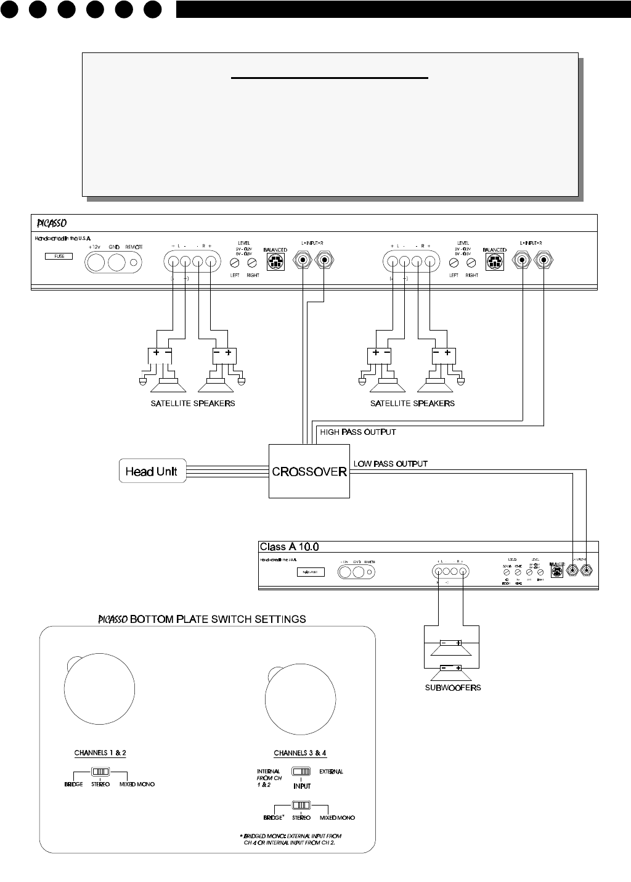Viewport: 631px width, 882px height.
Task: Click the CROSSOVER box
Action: coord(309,472)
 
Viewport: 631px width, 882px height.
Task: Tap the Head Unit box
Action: coord(152,472)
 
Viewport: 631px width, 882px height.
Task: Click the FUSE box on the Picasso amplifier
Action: coord(59,256)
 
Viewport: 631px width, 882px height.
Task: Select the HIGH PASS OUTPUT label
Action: coord(357,432)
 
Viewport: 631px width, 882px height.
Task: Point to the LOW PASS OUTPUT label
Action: coord(390,463)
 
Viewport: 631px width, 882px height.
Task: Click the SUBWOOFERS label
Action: coord(452,688)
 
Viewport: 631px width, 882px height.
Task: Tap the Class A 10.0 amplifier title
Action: coord(289,546)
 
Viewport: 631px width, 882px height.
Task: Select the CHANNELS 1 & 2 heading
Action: coord(100,752)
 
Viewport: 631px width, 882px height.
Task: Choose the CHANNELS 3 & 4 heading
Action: coord(300,753)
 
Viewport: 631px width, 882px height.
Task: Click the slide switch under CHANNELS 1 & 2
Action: coord(100,772)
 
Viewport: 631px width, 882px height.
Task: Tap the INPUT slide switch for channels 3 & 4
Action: coord(301,772)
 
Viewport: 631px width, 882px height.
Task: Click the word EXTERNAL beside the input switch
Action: coord(331,772)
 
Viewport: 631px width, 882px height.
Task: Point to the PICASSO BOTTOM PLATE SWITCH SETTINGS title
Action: coord(203,619)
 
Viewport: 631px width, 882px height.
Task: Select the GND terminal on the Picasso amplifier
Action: coord(118,263)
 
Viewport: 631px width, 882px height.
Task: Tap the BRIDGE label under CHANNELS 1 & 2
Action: coord(73,785)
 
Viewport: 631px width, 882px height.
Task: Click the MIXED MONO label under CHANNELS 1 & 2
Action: coord(137,785)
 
